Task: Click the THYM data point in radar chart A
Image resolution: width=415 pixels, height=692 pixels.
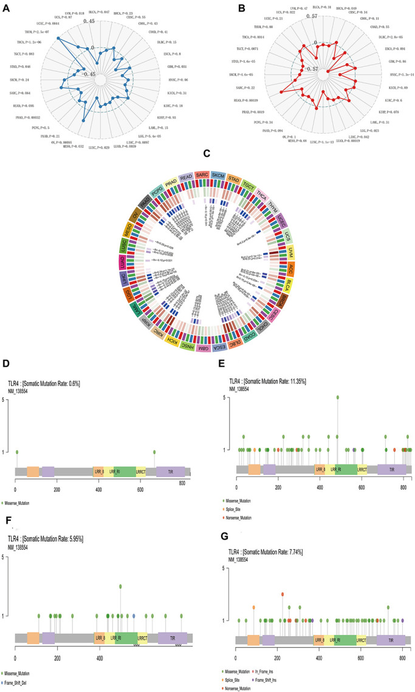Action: tap(58, 38)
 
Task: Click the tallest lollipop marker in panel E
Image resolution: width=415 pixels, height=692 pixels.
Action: tap(337, 398)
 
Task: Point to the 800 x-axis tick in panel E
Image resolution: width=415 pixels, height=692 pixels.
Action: tap(403, 488)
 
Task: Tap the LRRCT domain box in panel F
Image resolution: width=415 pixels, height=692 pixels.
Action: tap(143, 639)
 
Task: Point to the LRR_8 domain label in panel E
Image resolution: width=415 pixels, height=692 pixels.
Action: tap(320, 470)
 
